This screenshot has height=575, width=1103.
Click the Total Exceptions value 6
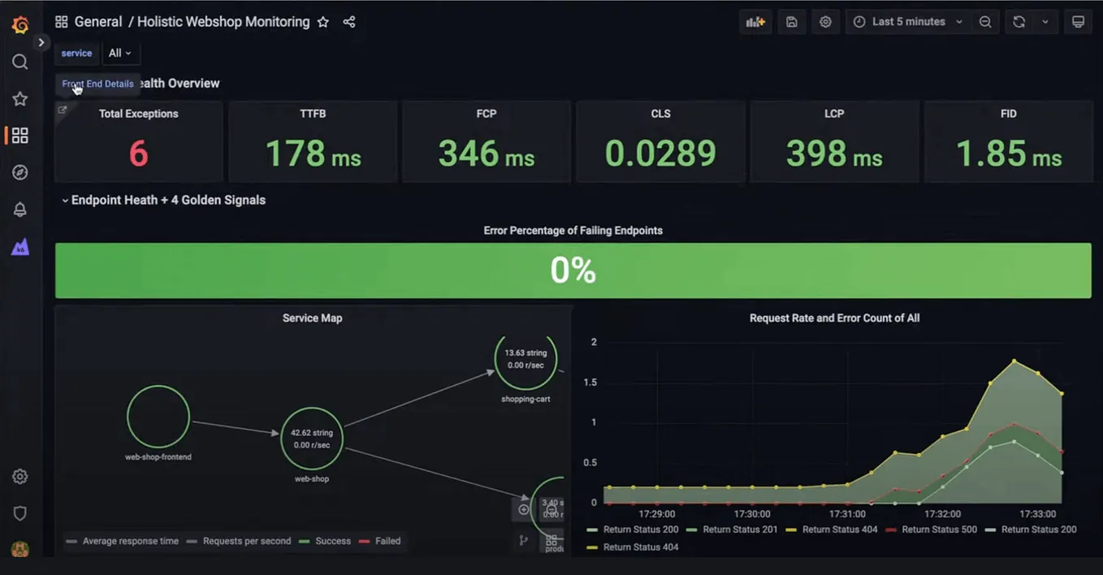click(138, 153)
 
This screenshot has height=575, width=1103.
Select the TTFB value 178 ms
click(313, 153)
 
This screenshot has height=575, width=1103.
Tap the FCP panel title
click(486, 114)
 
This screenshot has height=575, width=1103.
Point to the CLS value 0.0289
click(660, 153)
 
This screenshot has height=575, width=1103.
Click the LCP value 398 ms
click(834, 153)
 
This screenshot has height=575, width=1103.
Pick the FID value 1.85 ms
click(1008, 153)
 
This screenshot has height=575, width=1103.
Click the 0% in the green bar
click(573, 270)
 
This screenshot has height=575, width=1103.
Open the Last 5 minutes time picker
click(908, 22)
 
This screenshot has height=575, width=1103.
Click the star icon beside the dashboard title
click(323, 22)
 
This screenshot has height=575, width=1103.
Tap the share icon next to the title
click(349, 22)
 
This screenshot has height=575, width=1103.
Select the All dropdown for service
click(119, 53)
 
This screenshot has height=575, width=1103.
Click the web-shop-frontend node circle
click(158, 417)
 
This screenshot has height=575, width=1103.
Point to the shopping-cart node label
click(526, 399)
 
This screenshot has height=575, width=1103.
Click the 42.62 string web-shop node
click(312, 439)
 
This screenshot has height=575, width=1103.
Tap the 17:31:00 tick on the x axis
click(846, 514)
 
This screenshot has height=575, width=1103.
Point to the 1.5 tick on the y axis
click(590, 382)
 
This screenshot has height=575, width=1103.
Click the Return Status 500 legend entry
click(932, 530)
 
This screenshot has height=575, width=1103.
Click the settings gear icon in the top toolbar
click(825, 22)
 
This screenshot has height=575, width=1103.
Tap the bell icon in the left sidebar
click(20, 210)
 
